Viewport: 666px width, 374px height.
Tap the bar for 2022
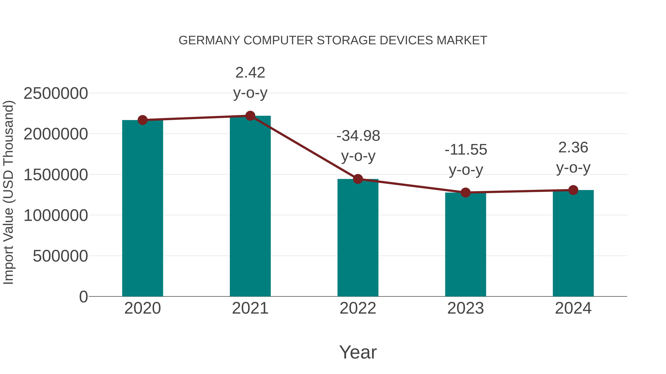pos(358,238)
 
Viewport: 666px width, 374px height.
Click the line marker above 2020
pos(142,120)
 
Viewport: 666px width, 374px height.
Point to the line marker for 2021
pos(250,116)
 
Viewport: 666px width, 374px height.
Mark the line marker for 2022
pos(358,179)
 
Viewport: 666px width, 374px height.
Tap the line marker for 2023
pos(465,193)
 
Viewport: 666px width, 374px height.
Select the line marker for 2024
pos(573,190)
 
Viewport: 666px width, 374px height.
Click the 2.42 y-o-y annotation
pos(250,82)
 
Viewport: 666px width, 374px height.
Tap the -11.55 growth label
pos(466,160)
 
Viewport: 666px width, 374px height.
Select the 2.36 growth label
pos(573,157)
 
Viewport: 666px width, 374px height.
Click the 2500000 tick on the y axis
pos(55,93)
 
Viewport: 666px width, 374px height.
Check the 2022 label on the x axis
pos(358,308)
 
